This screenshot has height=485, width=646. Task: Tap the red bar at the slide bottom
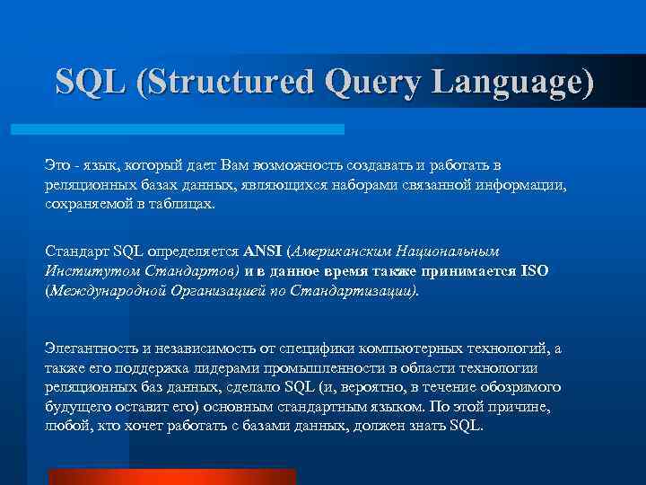pyautogui.click(x=171, y=476)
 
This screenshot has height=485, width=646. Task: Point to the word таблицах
pyautogui.click(x=183, y=204)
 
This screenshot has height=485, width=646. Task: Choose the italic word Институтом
pyautogui.click(x=82, y=269)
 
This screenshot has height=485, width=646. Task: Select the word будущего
pyautogui.click(x=78, y=405)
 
